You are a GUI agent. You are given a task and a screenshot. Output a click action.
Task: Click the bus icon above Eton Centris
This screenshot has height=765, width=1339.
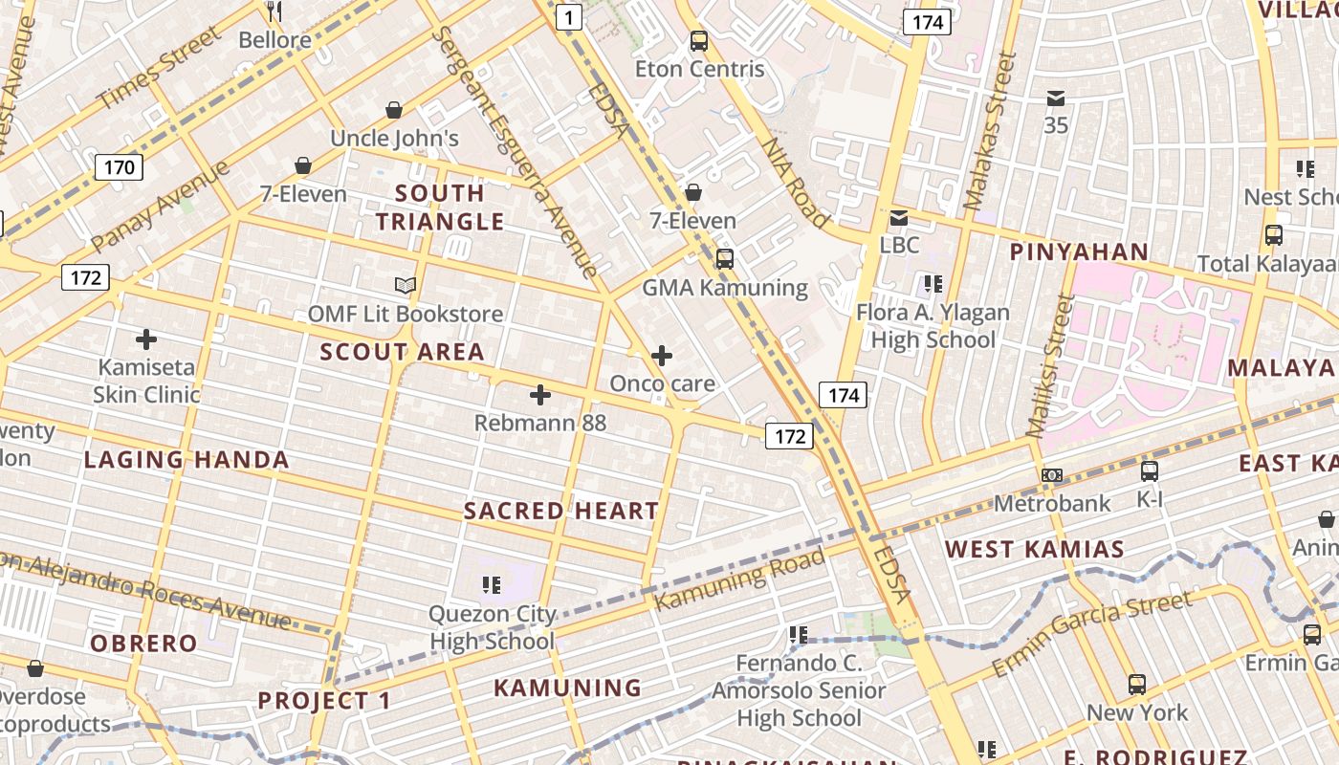click(699, 41)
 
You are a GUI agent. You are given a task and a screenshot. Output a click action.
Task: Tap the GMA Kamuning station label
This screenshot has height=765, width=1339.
click(724, 288)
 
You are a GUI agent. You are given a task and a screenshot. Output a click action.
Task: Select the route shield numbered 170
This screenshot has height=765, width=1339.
click(119, 167)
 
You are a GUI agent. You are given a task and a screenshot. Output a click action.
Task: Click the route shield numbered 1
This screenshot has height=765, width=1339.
click(569, 16)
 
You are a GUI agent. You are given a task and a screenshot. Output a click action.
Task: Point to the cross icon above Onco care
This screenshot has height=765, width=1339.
click(661, 357)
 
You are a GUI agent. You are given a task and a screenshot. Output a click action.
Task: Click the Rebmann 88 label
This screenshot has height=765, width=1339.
click(539, 423)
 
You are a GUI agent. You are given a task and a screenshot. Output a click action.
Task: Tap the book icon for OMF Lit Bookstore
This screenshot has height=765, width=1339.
click(406, 285)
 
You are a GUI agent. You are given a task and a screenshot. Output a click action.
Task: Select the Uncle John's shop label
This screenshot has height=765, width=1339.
click(394, 139)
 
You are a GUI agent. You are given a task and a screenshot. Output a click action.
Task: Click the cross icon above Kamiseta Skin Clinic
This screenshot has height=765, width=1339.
click(146, 339)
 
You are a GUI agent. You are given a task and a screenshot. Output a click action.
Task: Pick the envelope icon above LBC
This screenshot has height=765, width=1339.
click(899, 218)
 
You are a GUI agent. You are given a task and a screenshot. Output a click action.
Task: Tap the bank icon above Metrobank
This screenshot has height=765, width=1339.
click(1052, 475)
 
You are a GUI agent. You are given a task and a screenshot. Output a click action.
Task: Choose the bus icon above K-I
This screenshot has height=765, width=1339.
click(1149, 470)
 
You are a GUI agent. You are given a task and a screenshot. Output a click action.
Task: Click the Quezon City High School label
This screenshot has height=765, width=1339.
click(492, 627)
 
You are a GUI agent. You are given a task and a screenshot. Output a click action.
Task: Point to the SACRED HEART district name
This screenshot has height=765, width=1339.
click(561, 512)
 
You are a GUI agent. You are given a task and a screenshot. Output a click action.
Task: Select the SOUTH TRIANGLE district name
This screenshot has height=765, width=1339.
click(440, 208)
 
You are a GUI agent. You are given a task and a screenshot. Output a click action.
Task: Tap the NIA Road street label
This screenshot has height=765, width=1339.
click(795, 183)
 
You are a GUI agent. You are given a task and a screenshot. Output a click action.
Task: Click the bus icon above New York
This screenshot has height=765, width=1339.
click(1136, 685)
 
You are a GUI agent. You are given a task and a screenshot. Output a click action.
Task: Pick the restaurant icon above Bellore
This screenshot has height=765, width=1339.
click(274, 11)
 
